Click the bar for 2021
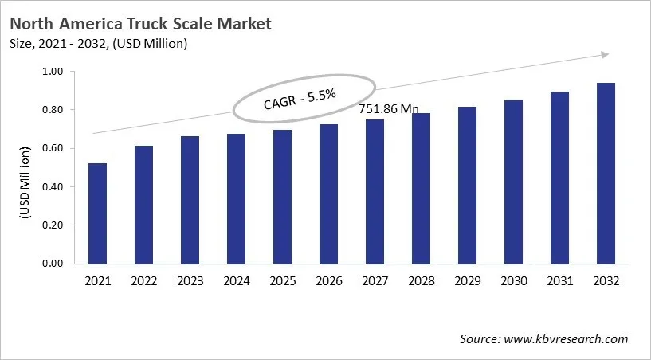click(x=98, y=213)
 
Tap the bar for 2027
click(x=375, y=191)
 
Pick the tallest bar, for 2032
click(x=606, y=173)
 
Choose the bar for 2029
click(x=467, y=185)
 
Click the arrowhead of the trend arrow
click(x=605, y=54)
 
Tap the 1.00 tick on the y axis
click(x=51, y=72)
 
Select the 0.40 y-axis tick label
click(x=51, y=187)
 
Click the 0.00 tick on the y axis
click(x=51, y=264)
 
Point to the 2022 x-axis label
click(x=144, y=281)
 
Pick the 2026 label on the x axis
click(x=328, y=281)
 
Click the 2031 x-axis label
click(x=559, y=281)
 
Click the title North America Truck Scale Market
click(x=140, y=23)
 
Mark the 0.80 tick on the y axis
click(x=51, y=110)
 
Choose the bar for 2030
click(x=513, y=182)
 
